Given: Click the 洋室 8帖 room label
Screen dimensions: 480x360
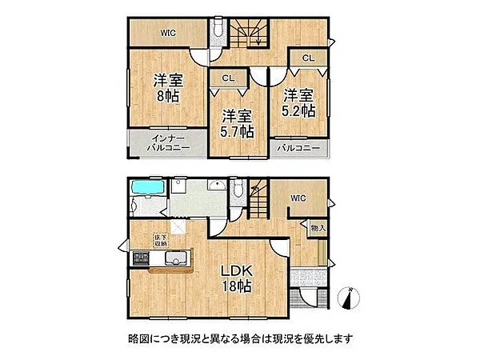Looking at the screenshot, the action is (168, 88).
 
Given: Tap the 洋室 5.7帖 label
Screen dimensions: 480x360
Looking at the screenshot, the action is (237, 124).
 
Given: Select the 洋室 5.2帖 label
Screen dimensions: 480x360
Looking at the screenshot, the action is (298, 103).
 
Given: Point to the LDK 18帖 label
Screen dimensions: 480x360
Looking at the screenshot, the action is (237, 278).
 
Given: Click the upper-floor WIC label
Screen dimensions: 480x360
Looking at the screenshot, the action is (168, 33).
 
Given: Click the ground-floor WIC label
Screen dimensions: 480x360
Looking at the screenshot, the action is (298, 198).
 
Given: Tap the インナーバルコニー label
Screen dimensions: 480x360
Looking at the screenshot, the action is (168, 142).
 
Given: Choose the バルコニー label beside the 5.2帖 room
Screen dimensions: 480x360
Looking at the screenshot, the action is (298, 149).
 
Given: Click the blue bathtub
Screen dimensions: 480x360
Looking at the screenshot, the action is (148, 187).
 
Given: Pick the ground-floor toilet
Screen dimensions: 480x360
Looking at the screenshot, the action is (237, 189).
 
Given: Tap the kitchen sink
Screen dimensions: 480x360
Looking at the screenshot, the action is (176, 258).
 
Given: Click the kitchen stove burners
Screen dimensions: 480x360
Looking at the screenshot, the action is (141, 258).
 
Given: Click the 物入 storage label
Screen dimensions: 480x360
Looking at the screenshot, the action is (318, 228).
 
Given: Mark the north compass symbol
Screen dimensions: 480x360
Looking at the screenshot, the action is (348, 298).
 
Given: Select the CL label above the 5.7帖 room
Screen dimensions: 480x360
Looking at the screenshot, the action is (228, 78).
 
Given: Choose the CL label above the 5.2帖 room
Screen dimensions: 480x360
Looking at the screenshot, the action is (308, 58).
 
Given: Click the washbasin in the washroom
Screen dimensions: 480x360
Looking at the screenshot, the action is (217, 185).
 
